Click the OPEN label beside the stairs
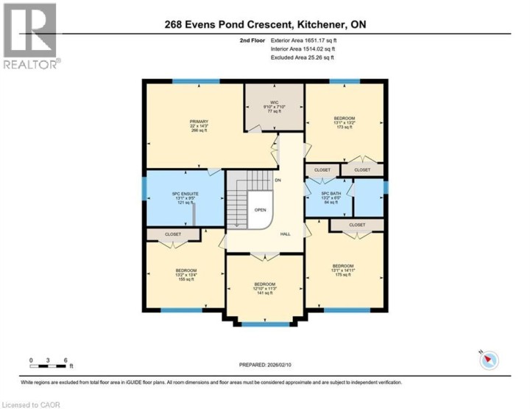click(x=260, y=209)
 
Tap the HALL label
click(x=285, y=234)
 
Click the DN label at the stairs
click(x=278, y=180)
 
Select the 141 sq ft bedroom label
click(x=264, y=288)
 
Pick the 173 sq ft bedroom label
click(x=344, y=122)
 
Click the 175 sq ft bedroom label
click(x=343, y=270)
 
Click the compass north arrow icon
click(x=490, y=360)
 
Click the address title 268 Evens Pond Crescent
click(x=266, y=24)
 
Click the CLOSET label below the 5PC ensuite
click(x=173, y=234)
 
